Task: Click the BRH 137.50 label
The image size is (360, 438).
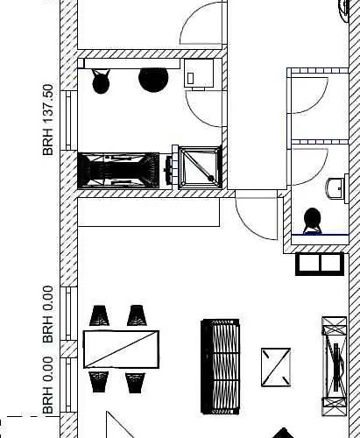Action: click(48, 120)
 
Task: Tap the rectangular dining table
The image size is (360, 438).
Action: click(121, 350)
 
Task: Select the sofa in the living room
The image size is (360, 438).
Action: click(220, 366)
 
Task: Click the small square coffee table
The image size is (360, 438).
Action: click(276, 367)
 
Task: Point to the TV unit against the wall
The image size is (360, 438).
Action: click(335, 366)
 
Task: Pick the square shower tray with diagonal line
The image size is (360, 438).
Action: click(200, 167)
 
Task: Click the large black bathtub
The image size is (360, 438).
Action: click(118, 170)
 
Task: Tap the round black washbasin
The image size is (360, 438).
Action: click(153, 80)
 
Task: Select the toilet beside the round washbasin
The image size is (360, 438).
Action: click(101, 81)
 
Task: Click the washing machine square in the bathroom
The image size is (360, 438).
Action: click(199, 73)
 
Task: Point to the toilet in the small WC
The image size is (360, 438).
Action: click(313, 221)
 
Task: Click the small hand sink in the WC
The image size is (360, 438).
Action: click(335, 188)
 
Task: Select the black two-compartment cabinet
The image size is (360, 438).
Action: click(320, 265)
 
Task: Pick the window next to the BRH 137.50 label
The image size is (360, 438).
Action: click(68, 121)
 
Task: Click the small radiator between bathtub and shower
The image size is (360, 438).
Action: click(169, 170)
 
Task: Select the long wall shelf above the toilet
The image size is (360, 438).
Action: click(131, 64)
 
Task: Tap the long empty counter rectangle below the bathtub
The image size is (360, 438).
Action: click(149, 212)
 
